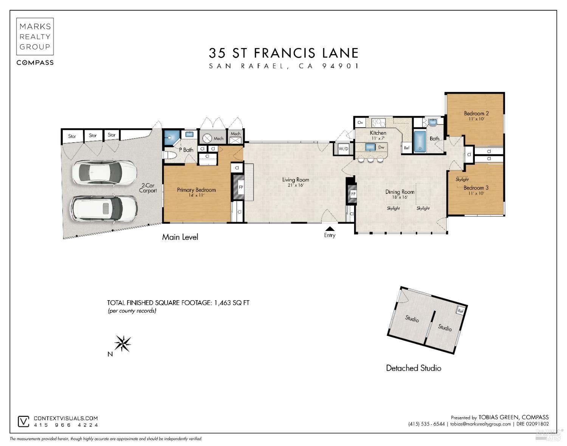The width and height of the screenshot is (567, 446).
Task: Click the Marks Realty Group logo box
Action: point(35,36)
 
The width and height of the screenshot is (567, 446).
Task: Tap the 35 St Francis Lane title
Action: point(283,53)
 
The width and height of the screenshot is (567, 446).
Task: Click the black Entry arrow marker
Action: point(330,228)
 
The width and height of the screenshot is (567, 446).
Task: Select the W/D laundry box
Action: point(343,149)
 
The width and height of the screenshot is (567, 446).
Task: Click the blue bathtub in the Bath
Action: point(420,141)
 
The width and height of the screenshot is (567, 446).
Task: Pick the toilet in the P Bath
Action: point(170,155)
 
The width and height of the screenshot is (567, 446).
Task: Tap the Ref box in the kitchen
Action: point(407,148)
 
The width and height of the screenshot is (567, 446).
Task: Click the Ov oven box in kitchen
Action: point(360,123)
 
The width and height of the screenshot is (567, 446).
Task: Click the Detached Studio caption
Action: point(414,368)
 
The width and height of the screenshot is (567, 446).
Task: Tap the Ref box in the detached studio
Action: point(460,311)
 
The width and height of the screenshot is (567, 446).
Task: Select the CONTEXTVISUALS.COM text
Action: point(66,418)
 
